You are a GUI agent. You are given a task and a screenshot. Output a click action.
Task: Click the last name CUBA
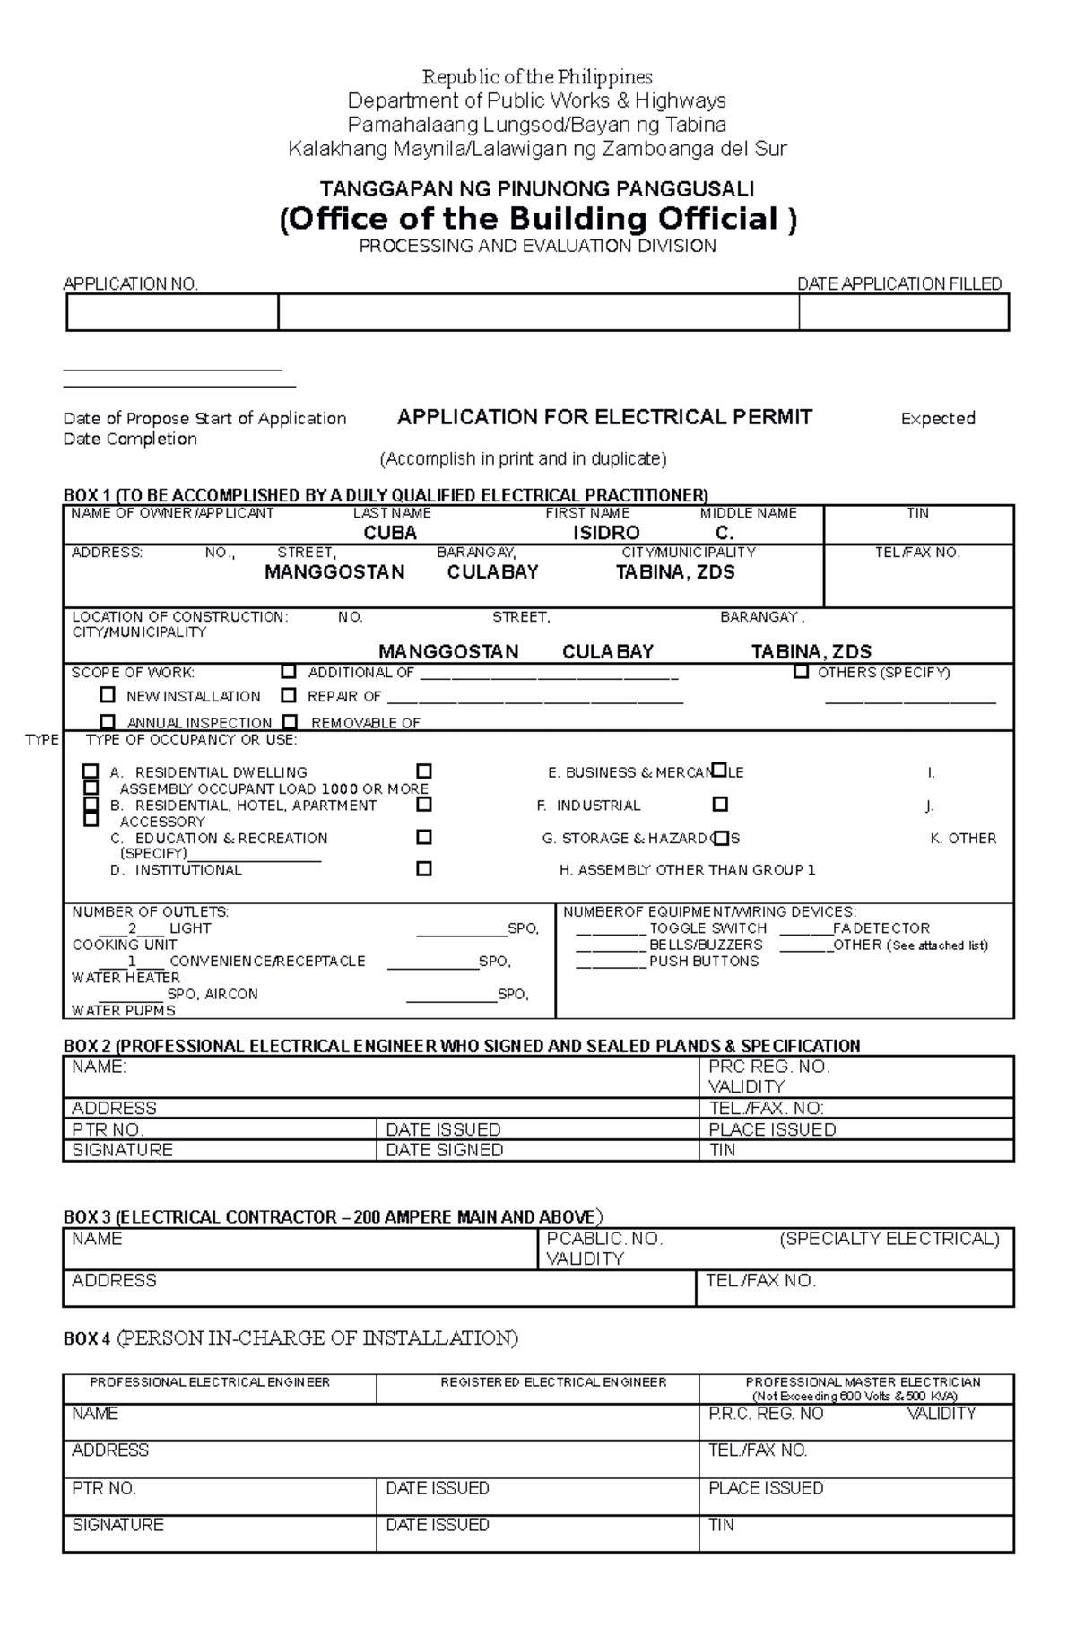390,533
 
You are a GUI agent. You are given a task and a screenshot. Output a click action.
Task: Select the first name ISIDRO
606,533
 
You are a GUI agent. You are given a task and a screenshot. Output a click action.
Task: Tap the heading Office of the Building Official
538,219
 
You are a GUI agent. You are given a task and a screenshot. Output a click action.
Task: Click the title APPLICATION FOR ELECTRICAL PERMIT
604,417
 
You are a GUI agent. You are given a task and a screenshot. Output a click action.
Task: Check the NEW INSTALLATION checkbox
108,695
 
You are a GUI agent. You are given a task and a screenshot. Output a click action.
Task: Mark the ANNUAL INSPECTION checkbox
108,721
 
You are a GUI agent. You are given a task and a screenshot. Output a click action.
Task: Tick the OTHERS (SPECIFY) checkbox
801,672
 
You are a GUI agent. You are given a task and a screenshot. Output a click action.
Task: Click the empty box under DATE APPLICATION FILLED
903,313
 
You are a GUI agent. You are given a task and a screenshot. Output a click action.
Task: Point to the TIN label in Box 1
917,513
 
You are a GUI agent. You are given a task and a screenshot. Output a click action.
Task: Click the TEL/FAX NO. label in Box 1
917,553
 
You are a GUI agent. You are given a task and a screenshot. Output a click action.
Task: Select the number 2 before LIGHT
133,928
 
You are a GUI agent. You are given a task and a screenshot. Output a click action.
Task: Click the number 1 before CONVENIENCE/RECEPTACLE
133,962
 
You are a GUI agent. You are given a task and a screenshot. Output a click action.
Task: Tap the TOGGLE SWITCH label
707,928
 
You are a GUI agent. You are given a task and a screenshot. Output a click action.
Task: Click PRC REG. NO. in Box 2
768,1067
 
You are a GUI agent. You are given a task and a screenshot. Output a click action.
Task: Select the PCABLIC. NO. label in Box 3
603,1239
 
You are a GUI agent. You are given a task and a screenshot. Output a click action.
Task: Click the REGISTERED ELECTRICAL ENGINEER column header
553,1382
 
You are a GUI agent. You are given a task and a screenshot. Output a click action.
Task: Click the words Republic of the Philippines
537,77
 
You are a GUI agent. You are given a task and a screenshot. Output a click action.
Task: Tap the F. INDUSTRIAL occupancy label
589,806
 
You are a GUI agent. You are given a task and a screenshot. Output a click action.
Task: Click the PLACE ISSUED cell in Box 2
771,1129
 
